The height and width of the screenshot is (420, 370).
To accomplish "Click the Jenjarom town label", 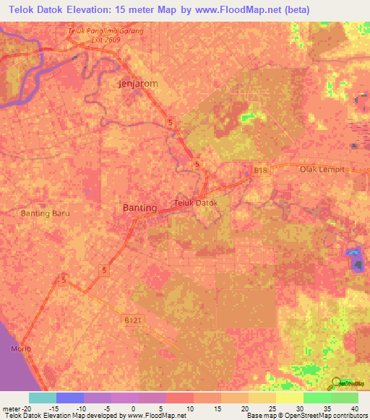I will [x=137, y=84].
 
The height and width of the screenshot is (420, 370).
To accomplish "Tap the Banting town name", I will [x=139, y=208].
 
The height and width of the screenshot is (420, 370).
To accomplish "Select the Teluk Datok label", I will [x=196, y=203].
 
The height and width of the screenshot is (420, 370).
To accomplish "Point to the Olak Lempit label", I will [x=324, y=169].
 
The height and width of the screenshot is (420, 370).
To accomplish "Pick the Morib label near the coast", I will [x=22, y=349].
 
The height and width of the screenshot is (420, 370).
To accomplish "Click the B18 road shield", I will [x=260, y=170].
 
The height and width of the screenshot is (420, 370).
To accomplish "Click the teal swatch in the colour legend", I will [x=43, y=398].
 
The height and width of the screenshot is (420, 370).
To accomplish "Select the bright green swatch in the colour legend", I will [x=317, y=398].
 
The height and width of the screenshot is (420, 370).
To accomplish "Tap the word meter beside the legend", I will [x=9, y=408].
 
